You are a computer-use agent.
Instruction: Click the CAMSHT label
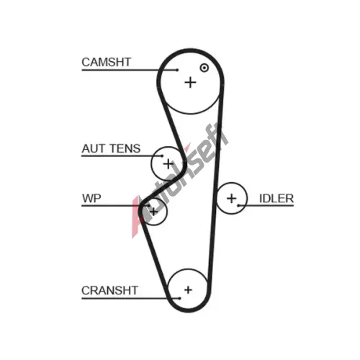coord(107,62)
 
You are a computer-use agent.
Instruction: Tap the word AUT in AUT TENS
coord(92,148)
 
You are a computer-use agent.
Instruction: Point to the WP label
coord(91,199)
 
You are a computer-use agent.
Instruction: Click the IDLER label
coord(276,199)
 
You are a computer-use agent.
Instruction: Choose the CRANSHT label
coord(109,290)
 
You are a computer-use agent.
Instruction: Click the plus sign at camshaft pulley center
coord(191,83)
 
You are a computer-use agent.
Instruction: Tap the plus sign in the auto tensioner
coord(168,164)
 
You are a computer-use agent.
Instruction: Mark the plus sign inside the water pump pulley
coord(153,212)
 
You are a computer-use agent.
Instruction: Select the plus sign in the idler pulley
coord(232,199)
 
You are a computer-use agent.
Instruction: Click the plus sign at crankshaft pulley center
coord(188,290)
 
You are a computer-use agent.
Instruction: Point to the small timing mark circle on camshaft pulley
coord(204,68)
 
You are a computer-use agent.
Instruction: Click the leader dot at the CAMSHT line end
coord(177,70)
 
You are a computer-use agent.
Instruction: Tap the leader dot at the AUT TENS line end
coord(163,156)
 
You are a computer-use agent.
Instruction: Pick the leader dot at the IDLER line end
coord(238,205)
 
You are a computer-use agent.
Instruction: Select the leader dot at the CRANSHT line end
coord(180,298)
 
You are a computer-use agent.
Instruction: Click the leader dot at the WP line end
coord(149,205)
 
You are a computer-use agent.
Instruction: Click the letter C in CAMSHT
coord(86,62)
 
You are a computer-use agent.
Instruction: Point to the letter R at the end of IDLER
coord(289,199)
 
